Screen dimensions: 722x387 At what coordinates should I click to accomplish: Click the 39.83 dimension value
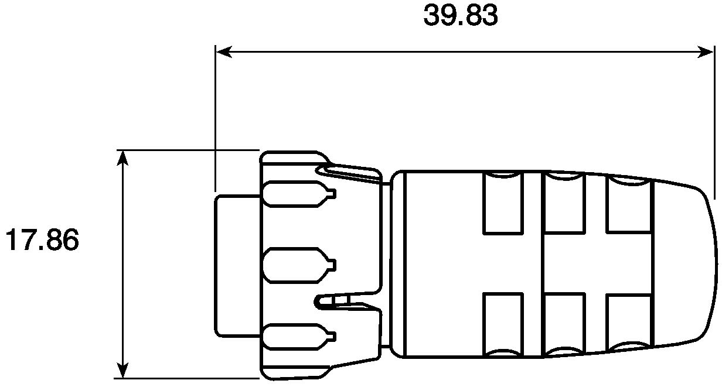pos(461,15)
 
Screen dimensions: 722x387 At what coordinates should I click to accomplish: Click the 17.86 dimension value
pos(42,239)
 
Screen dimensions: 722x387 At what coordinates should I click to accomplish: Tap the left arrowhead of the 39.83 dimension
pos(224,52)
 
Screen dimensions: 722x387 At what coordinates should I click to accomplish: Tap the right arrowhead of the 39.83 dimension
pos(706,52)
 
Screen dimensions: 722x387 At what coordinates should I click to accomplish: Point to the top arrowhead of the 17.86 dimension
pos(122,158)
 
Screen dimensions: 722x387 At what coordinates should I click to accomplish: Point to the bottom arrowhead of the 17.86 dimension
pos(122,370)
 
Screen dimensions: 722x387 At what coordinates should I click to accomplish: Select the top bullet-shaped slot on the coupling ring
pos(299,194)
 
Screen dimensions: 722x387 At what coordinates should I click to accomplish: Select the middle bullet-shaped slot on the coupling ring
pos(299,265)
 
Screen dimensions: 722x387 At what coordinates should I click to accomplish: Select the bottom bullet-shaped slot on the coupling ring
pos(299,337)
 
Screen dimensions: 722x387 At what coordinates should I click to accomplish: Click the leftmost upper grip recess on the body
pos(503,203)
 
